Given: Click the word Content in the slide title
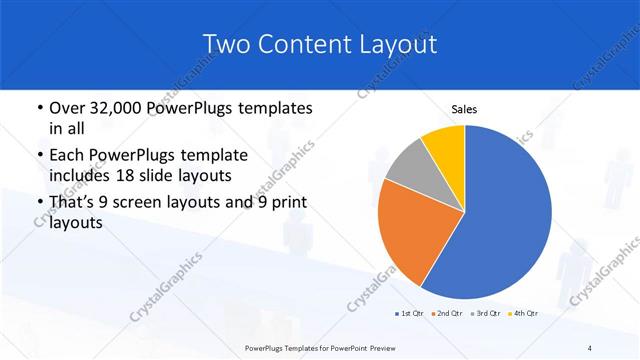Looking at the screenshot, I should coord(298,44).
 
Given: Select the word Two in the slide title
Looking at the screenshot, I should coord(225,44).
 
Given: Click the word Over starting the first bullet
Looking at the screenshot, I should coord(67,108).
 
